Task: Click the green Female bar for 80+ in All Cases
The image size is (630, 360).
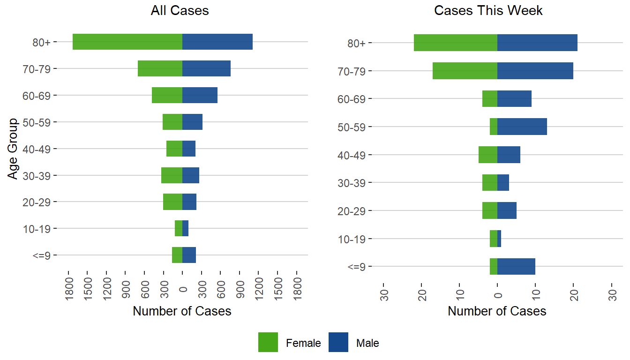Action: pyautogui.click(x=127, y=42)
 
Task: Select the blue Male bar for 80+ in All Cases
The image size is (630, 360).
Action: pyautogui.click(x=217, y=42)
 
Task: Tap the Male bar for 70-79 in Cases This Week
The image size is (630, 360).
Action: pyautogui.click(x=535, y=71)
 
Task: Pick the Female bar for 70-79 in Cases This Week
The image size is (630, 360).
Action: pyautogui.click(x=465, y=71)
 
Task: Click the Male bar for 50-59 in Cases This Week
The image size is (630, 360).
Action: pyautogui.click(x=522, y=127)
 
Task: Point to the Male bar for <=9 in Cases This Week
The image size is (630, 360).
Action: pyautogui.click(x=516, y=266)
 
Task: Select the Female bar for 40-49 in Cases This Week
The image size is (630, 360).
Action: pyautogui.click(x=488, y=155)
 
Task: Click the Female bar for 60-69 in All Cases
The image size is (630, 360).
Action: pyautogui.click(x=167, y=95)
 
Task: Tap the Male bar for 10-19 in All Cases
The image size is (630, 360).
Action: pyautogui.click(x=186, y=228)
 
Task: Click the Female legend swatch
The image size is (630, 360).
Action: pyautogui.click(x=268, y=342)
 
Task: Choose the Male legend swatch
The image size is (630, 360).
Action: pyautogui.click(x=338, y=342)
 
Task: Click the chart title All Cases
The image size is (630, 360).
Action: pyautogui.click(x=180, y=11)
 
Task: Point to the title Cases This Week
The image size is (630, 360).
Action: pyautogui.click(x=488, y=11)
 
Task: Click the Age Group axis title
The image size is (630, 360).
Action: pyautogui.click(x=13, y=149)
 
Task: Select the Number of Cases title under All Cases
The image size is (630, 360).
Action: pyautogui.click(x=182, y=311)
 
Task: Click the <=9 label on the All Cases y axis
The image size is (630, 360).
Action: pyautogui.click(x=45, y=256)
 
